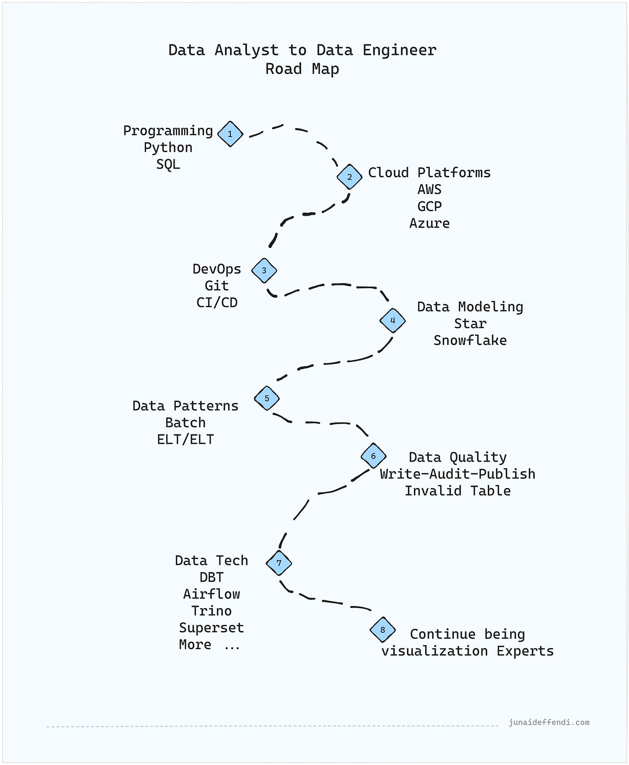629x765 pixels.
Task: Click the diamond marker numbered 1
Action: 230,134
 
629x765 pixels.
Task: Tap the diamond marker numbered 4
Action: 392,321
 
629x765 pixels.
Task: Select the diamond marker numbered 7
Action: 279,563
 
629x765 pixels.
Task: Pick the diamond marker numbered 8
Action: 383,630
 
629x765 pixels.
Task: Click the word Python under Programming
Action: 168,147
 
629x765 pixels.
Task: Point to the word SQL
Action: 168,164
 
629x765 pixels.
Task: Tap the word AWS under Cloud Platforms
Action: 429,189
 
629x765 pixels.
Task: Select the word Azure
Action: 429,223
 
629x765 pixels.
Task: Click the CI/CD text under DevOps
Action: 217,303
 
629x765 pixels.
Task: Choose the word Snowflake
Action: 470,340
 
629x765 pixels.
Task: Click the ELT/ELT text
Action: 185,440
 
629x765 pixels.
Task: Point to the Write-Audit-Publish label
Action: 457,474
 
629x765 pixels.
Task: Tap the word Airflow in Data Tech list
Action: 211,594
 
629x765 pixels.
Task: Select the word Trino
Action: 211,611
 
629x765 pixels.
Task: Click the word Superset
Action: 211,628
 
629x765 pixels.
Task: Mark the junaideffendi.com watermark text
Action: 549,722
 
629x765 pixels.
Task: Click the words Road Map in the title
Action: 302,69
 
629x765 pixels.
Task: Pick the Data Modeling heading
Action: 470,306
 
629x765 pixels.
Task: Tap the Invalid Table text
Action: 457,491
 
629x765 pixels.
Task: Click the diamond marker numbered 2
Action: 349,177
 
